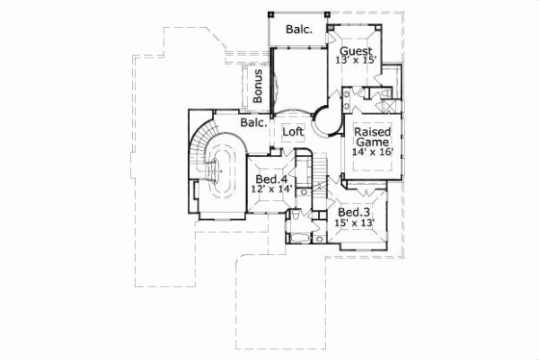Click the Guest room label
pyautogui.click(x=355, y=51)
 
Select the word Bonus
pyautogui.click(x=258, y=84)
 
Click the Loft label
pyautogui.click(x=294, y=132)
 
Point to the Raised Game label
pyautogui.click(x=371, y=136)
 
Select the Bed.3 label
pyautogui.click(x=352, y=212)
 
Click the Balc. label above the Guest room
pyautogui.click(x=299, y=29)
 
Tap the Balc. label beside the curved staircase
pyautogui.click(x=252, y=123)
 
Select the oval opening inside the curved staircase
pyautogui.click(x=221, y=171)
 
